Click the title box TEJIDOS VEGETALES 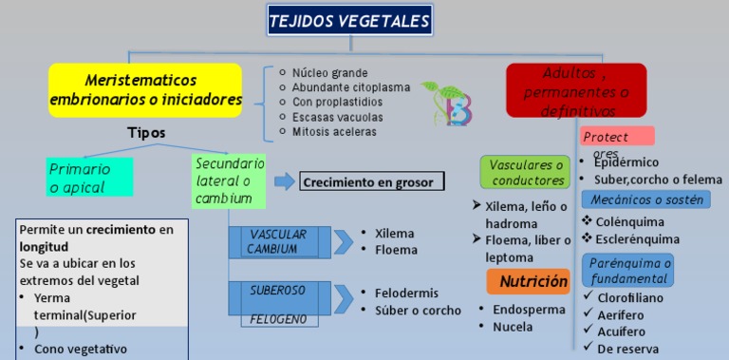tap(349, 20)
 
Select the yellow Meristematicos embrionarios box tap(145, 89)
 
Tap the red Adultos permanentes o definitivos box tap(576, 91)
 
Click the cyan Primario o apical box tap(89, 178)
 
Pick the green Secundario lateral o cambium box tap(229, 180)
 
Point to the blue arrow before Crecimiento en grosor tap(284, 182)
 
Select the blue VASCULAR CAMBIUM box tap(278, 241)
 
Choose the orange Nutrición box tap(530, 281)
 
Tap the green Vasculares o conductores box tap(526, 173)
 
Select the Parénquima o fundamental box tap(629, 271)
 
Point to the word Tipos tap(146, 133)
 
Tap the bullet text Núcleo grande tap(329, 73)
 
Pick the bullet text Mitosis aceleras tap(334, 132)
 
